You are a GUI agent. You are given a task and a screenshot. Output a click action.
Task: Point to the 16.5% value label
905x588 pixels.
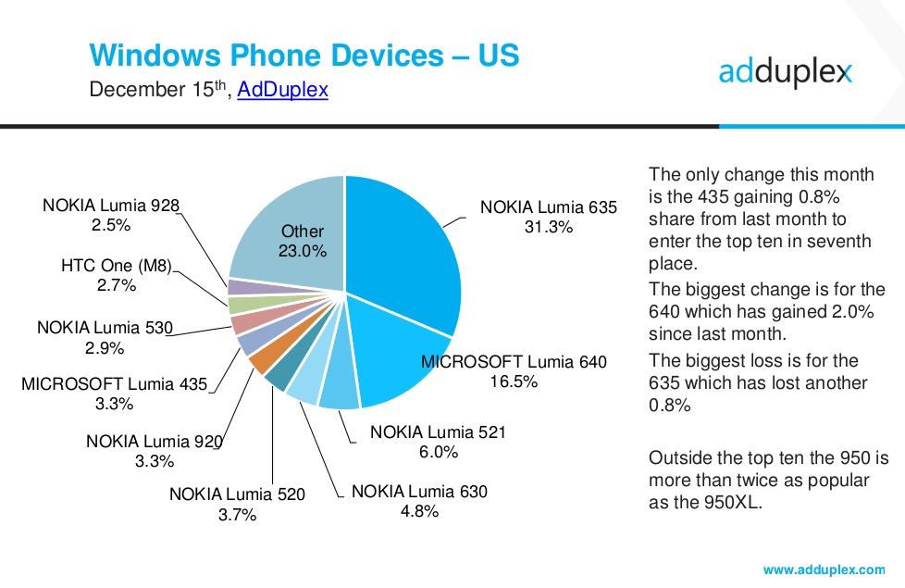pos(514,382)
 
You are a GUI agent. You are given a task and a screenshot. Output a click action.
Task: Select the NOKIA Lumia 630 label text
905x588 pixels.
pos(419,491)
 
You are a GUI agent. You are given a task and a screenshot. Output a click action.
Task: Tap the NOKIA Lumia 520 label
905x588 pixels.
pos(237,494)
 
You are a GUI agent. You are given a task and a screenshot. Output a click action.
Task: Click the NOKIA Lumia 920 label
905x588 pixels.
pos(155,441)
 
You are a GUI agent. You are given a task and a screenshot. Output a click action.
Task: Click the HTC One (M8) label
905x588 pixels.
pos(117,267)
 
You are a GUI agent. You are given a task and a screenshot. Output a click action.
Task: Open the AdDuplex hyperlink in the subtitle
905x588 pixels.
pos(282,91)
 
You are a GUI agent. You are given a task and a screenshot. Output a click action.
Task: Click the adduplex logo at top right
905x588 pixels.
pos(785,72)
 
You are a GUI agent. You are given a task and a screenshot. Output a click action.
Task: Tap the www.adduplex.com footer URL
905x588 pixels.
pos(824,568)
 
